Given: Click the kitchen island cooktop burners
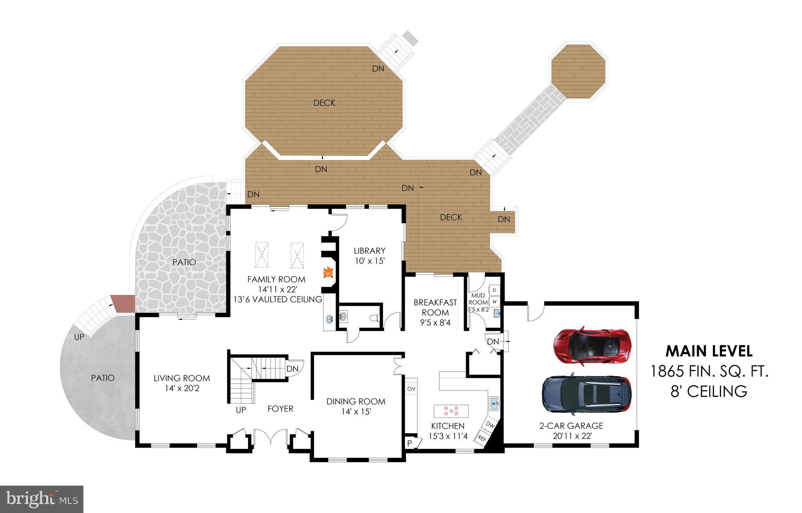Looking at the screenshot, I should point(451,411).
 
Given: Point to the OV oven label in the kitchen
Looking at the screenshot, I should point(411,388).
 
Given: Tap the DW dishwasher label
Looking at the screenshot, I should point(490,424).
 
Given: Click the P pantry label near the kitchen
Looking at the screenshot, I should point(410,443).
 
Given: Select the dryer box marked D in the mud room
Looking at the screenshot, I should point(494,290).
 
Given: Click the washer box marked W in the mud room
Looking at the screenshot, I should point(494,302).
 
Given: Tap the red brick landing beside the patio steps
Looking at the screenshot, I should point(123,303).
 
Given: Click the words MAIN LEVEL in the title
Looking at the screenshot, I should point(709,351).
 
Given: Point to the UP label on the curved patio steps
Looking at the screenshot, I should point(79,337).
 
